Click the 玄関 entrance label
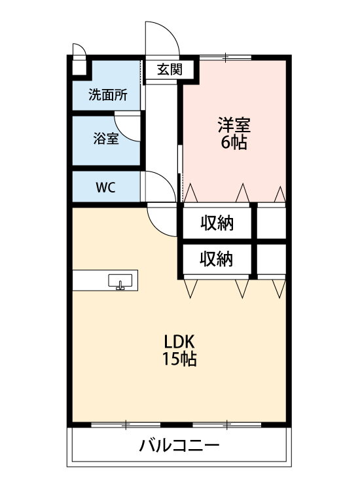click(x=170, y=69)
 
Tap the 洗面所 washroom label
click(x=108, y=95)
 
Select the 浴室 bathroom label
click(x=106, y=138)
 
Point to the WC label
click(x=105, y=187)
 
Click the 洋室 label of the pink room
click(x=234, y=125)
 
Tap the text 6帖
click(x=234, y=143)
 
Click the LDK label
click(x=179, y=342)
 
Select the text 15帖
click(x=179, y=359)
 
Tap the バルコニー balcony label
click(x=179, y=445)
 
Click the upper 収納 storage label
click(x=217, y=224)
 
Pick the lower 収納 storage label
click(x=216, y=259)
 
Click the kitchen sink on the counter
click(x=120, y=282)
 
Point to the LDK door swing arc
click(x=156, y=228)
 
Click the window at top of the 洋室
click(x=226, y=57)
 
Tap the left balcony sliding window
click(x=126, y=425)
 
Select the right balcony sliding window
click(x=227, y=425)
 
